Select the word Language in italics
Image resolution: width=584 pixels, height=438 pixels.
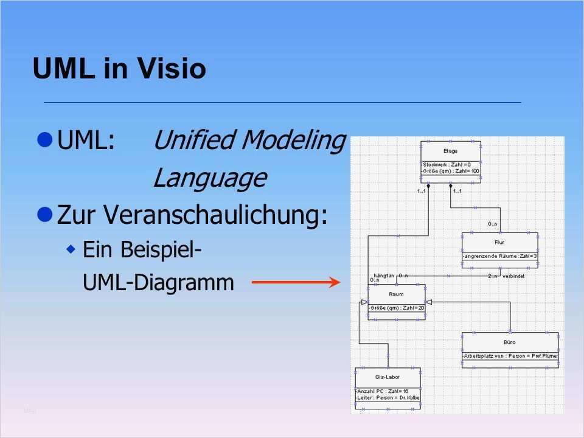[x=209, y=178]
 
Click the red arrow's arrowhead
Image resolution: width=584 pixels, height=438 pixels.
[x=333, y=282]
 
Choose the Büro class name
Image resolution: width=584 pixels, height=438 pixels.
[x=510, y=342]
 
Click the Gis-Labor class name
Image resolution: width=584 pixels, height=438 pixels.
[x=388, y=377]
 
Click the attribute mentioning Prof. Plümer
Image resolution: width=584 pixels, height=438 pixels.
[x=510, y=355]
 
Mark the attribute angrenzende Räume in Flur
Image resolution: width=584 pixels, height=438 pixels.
[x=500, y=256]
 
